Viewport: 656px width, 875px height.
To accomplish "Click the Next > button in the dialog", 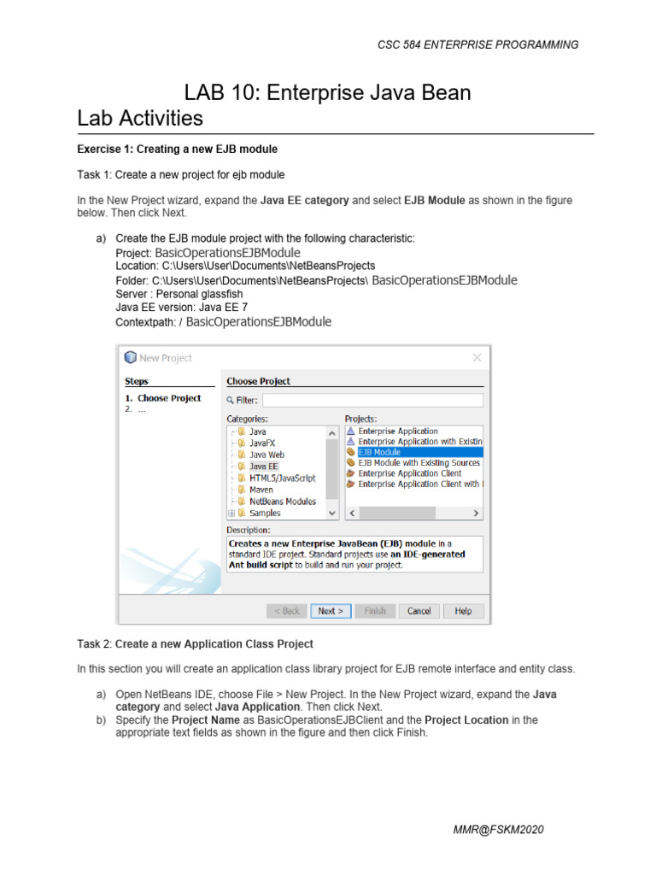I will click(331, 611).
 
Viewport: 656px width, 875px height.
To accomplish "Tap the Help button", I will click(463, 611).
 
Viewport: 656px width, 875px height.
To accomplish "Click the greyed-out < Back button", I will click(287, 611).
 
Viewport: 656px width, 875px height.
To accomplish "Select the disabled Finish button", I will click(375, 611).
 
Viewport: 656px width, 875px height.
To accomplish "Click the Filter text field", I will click(372, 400).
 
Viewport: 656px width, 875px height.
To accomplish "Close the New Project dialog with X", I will click(477, 358).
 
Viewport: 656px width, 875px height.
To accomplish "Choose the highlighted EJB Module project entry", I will click(379, 452).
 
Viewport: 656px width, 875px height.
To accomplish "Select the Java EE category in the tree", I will click(263, 467).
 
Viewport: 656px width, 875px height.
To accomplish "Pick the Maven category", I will click(261, 490).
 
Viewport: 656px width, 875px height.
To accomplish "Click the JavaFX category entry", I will click(262, 443).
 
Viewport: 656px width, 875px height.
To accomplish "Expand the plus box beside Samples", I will click(231, 514).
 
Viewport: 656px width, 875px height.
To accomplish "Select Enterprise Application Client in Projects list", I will click(409, 473).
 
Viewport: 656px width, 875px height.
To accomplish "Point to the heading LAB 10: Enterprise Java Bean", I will click(328, 92).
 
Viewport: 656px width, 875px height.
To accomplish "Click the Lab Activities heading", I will click(140, 118).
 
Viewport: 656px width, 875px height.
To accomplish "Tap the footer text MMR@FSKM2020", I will click(501, 830).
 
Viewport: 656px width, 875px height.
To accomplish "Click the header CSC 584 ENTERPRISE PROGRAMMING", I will click(477, 44).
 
